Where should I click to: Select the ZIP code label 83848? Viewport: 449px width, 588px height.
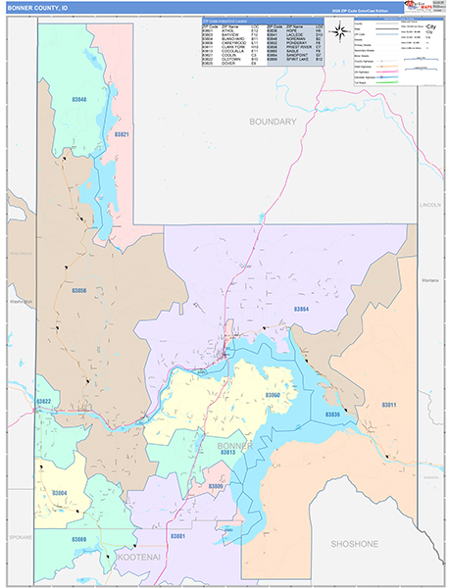pos(78,100)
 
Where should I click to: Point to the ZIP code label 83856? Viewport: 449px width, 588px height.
pos(78,291)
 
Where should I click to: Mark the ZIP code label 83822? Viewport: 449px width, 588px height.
pos(44,402)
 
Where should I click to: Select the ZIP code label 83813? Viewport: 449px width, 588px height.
pos(227,452)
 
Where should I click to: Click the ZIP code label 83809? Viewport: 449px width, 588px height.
pos(216,487)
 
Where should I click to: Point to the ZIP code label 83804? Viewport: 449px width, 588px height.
pos(59,493)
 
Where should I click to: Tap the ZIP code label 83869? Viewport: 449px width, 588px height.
pos(78,540)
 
